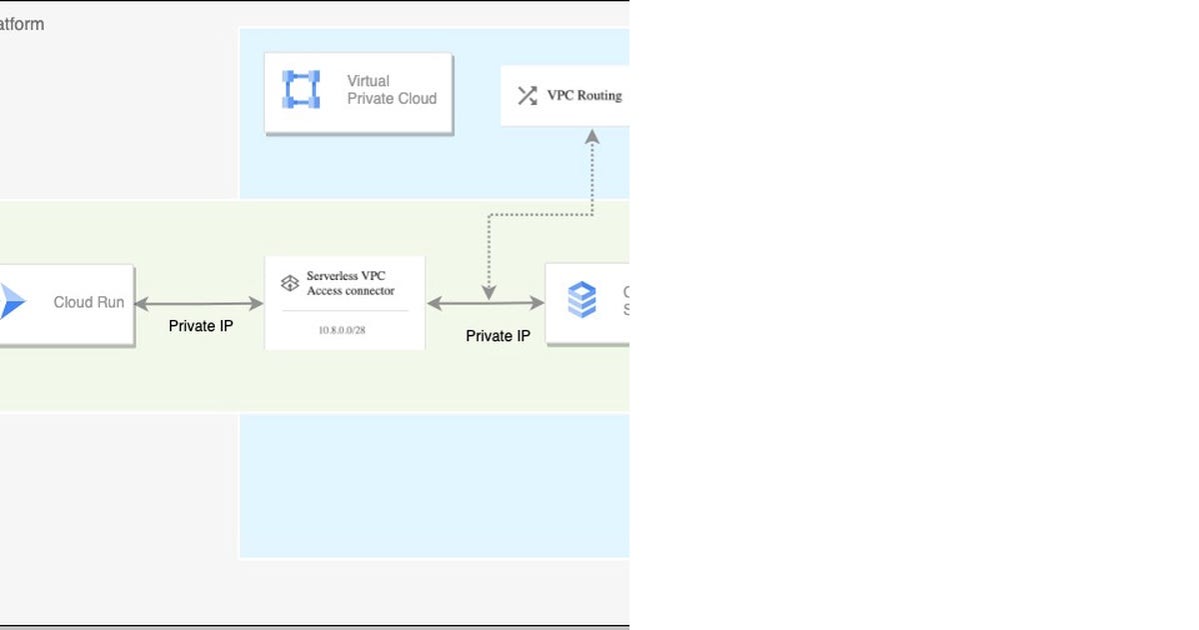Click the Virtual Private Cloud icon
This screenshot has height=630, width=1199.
[301, 90]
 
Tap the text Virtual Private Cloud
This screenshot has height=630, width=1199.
[392, 90]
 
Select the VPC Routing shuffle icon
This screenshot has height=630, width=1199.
[527, 96]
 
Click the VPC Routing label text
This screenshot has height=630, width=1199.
[585, 96]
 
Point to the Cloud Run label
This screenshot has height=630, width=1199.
[89, 302]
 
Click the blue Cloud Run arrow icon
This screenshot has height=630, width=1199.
[12, 301]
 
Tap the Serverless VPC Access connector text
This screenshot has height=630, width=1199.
[351, 284]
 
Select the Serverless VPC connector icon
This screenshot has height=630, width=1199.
[289, 284]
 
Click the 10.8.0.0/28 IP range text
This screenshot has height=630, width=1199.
[344, 330]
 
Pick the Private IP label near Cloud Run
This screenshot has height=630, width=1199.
[201, 326]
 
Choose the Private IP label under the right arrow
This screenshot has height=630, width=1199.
[498, 336]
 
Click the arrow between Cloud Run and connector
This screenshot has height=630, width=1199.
[199, 303]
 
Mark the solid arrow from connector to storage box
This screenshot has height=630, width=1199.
[486, 303]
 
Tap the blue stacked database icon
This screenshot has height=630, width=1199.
[582, 300]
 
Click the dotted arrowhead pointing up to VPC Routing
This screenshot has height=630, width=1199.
[592, 135]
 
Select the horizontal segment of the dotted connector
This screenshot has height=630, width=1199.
[540, 214]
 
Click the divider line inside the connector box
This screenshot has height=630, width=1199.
[345, 311]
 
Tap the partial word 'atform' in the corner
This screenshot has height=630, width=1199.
[22, 24]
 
